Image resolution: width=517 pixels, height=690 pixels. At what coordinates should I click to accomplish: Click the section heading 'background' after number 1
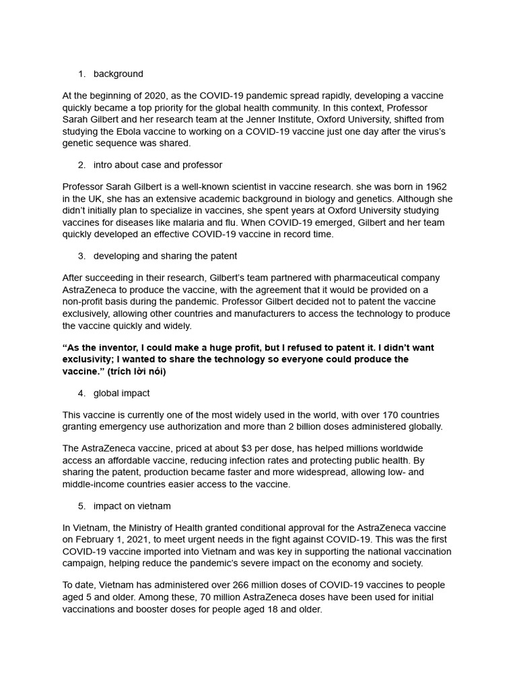coord(118,74)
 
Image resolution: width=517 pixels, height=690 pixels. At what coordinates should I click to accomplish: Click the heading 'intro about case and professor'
coord(158,165)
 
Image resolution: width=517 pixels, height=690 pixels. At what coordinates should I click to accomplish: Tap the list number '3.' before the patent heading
coord(81,256)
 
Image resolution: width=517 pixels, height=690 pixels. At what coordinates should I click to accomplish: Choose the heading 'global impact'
coord(121,394)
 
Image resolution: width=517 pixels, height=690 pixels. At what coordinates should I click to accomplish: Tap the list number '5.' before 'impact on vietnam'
coord(81,506)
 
